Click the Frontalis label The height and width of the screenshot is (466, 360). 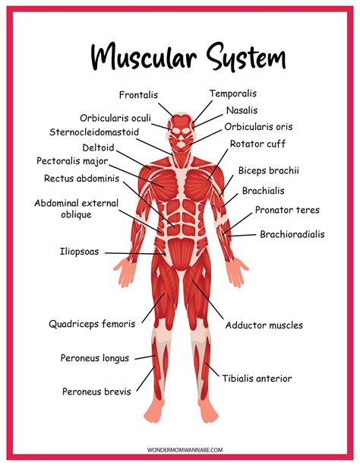tap(138, 95)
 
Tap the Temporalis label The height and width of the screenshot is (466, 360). tap(233, 94)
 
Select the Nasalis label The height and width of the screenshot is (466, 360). tap(242, 110)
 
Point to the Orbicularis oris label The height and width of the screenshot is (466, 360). tap(258, 127)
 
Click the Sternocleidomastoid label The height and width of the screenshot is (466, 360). tap(94, 132)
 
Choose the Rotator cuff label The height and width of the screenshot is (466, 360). tap(257, 144)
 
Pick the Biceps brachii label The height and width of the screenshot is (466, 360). tap(269, 170)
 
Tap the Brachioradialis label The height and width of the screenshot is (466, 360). tap(292, 234)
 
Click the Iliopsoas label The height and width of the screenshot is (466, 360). tap(79, 252)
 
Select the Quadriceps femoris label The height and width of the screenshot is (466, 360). tap(92, 324)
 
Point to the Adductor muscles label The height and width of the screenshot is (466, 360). tap(264, 325)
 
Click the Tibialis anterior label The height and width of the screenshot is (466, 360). tap(257, 379)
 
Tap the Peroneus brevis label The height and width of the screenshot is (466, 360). tap(96, 392)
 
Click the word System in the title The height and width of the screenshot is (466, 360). tap(246, 57)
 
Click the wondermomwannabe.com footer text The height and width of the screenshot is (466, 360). tap(185, 449)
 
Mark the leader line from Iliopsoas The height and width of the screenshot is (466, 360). tap(135, 253)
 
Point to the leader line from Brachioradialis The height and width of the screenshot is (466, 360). tap(242, 235)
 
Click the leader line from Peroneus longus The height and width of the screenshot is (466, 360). tap(145, 357)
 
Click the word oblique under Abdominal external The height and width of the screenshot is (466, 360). tap(77, 215)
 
